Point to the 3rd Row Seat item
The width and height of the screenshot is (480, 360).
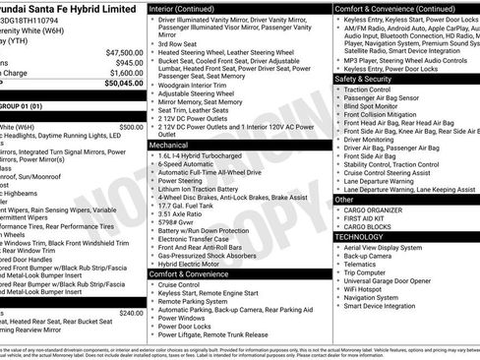coord(177,44)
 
